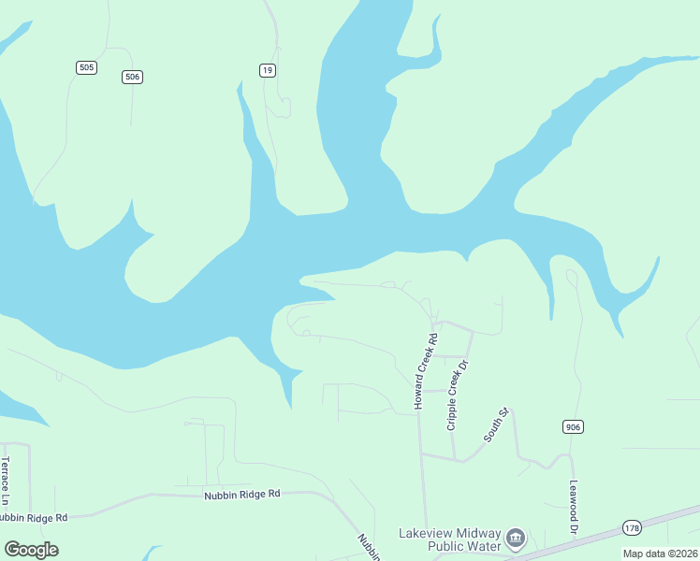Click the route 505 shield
point(87,67)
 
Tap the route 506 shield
point(132,77)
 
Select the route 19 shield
point(268,69)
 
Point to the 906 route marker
point(574,426)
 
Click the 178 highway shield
point(634,528)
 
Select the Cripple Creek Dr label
point(456,393)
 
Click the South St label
point(495,424)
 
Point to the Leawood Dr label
point(574,509)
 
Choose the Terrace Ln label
point(6,477)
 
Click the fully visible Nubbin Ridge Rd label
point(242,494)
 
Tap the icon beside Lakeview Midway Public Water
point(516,539)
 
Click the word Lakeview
point(427,532)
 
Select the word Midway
point(479,532)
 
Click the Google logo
point(32,549)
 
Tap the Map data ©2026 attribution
point(661,554)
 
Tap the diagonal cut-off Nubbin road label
point(367,547)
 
